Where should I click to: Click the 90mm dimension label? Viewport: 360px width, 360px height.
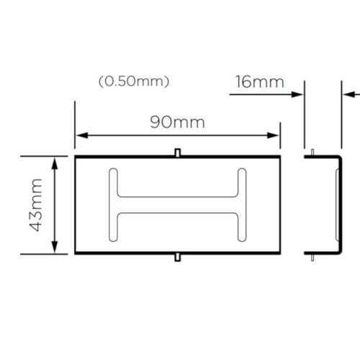[177, 122]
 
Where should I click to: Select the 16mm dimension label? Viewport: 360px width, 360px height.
[260, 81]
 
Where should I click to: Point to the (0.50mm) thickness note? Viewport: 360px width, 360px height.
[134, 81]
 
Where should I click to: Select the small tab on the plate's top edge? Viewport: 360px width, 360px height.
[178, 152]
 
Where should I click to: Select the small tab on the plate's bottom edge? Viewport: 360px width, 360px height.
[178, 257]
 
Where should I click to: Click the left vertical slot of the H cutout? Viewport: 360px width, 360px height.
[114, 204]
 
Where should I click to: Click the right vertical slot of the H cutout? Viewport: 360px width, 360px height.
[242, 204]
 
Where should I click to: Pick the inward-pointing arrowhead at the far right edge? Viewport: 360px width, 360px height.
[346, 92]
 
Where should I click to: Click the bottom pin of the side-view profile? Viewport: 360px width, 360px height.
[312, 257]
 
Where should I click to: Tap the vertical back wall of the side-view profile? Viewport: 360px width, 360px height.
[339, 204]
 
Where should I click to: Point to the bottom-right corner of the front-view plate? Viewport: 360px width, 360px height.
[279, 253]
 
